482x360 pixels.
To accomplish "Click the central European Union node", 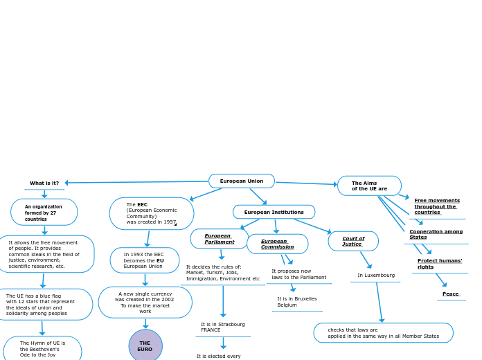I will (242, 181).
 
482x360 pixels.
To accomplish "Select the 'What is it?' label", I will (44, 183).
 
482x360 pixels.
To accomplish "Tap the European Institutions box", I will (274, 212).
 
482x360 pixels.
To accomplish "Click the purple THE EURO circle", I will (145, 346).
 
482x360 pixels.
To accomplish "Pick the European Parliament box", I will (220, 239).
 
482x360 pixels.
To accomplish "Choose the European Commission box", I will (277, 244).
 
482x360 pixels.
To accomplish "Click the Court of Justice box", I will (353, 241).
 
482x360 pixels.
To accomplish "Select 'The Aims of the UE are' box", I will (369, 186).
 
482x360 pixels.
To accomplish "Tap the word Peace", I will (451, 294).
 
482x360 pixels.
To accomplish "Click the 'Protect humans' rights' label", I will (440, 264).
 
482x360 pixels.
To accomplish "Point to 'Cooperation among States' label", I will (436, 234).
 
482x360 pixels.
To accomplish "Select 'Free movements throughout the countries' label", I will (437, 206).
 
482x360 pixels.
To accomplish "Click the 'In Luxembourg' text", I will (376, 275).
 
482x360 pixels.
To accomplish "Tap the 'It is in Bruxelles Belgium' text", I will (297, 302).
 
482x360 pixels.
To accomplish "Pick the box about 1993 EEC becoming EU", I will (145, 260).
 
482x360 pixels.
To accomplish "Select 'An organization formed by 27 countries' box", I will (44, 213).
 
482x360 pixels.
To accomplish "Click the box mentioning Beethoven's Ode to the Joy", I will (42, 349).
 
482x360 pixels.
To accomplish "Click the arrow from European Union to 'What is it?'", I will (139, 182).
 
